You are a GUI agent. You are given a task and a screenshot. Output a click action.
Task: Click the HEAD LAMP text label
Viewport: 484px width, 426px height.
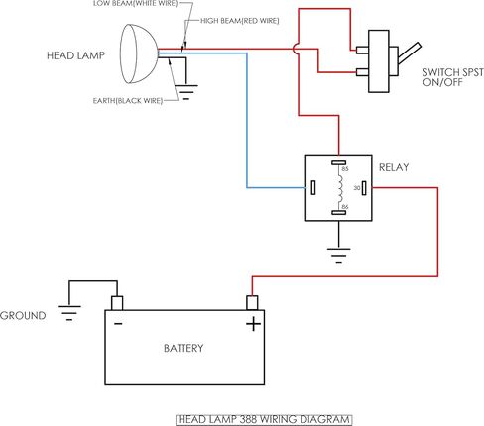click(x=75, y=55)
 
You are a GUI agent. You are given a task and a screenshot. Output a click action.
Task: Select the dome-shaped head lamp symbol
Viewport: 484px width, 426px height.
click(x=138, y=53)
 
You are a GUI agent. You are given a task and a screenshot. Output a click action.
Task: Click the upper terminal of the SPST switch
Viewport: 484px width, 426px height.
click(x=362, y=51)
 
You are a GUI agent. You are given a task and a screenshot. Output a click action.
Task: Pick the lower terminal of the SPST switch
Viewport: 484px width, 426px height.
click(x=362, y=72)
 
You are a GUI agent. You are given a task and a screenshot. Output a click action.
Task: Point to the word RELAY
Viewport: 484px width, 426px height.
click(x=394, y=167)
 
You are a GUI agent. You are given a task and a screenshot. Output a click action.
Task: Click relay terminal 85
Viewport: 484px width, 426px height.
click(x=338, y=162)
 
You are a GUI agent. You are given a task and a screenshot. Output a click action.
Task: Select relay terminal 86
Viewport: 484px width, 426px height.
click(x=338, y=212)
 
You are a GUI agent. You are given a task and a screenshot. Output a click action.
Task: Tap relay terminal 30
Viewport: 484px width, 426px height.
click(x=364, y=188)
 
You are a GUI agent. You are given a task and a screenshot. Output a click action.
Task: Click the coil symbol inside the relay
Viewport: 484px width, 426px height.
click(x=340, y=187)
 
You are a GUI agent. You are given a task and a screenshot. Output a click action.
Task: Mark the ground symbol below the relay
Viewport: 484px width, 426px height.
click(x=338, y=255)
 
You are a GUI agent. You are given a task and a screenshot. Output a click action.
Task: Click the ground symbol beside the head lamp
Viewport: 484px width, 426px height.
click(x=186, y=92)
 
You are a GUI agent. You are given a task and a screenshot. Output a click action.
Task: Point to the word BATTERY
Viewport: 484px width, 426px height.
click(x=183, y=348)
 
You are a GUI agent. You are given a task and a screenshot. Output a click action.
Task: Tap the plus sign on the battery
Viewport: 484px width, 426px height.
click(x=253, y=324)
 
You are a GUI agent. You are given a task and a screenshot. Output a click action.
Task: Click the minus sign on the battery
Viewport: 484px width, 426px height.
click(x=118, y=324)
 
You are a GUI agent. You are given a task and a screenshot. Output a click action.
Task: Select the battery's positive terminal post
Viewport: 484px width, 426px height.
click(x=252, y=303)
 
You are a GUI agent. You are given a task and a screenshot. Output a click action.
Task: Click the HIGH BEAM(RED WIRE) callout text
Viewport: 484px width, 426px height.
click(x=240, y=21)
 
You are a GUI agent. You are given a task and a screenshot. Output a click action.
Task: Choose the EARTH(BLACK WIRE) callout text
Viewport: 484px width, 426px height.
click(x=128, y=101)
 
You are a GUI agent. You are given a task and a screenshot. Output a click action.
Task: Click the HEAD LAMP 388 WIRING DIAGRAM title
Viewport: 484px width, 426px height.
click(x=264, y=419)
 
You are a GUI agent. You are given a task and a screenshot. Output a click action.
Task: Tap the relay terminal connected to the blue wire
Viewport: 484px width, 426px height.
click(x=313, y=188)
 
